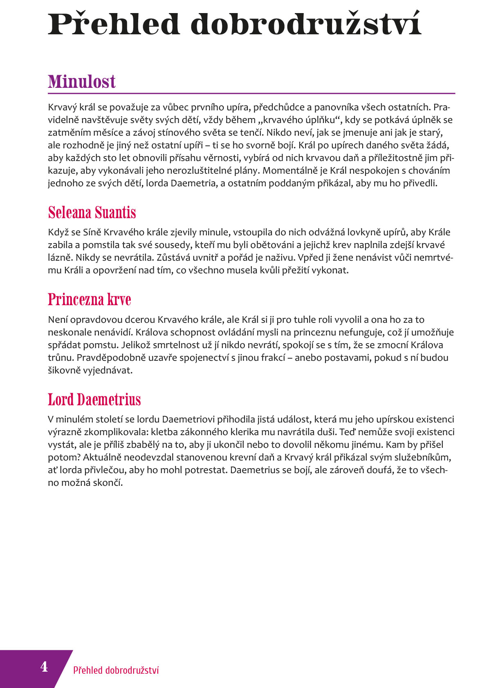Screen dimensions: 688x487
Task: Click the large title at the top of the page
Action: click(x=234, y=24)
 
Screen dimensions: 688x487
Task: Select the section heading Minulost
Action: click(x=82, y=81)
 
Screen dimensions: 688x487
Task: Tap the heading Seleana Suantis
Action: click(x=92, y=212)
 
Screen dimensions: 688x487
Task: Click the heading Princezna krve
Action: click(x=90, y=299)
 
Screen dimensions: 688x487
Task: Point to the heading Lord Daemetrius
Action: click(x=94, y=400)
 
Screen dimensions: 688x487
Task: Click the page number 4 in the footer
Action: click(x=44, y=667)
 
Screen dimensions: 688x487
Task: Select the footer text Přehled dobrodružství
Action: click(x=116, y=670)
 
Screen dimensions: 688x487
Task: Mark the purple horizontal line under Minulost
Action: click(x=251, y=94)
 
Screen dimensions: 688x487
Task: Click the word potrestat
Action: click(x=206, y=470)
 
